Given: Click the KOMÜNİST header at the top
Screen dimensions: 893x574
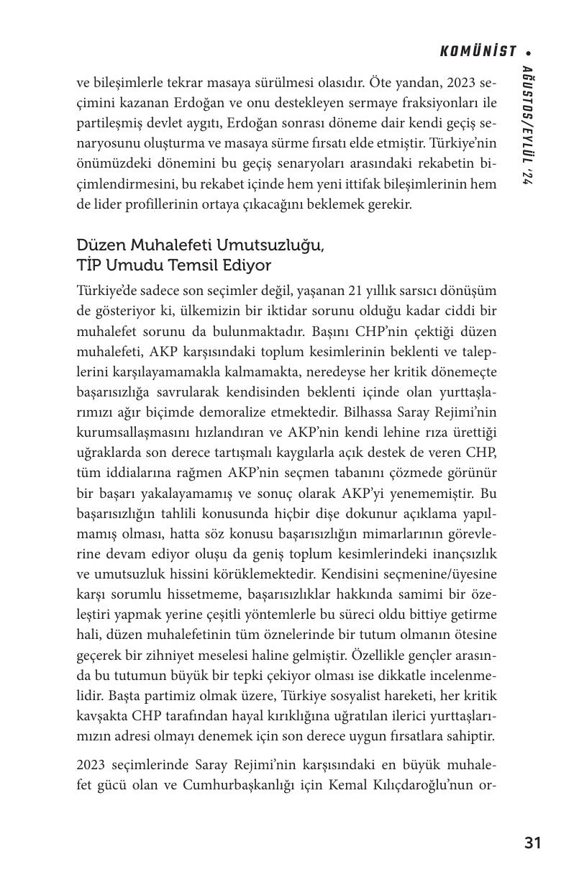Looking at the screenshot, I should point(478,51).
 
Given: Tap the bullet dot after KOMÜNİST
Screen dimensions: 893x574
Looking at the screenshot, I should point(529,52).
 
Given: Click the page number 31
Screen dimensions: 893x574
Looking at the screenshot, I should point(532,843).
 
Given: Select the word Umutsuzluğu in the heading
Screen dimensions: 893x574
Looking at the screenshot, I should point(278,245).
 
